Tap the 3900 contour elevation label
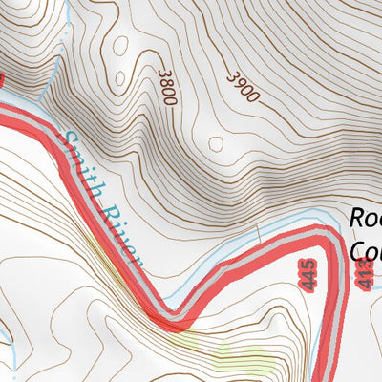(x=244, y=87)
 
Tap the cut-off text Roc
(x=366, y=219)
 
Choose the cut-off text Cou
(x=366, y=251)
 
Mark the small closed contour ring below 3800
(x=217, y=144)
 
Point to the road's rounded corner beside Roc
(x=329, y=238)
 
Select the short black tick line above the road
(x=258, y=230)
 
